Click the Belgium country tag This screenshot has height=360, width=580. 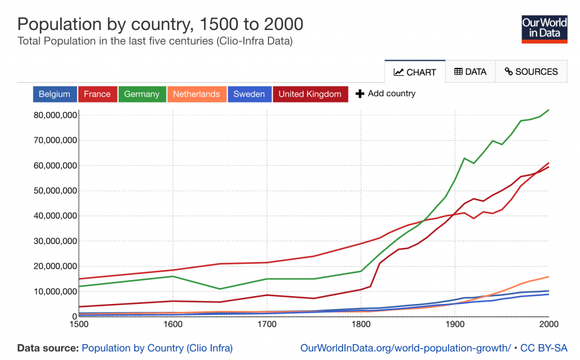55,95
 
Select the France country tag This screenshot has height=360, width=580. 97,95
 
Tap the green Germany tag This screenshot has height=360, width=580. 142,95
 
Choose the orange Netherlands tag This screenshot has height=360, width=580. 197,95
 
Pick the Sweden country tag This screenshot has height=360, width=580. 249,95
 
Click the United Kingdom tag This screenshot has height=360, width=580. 310,95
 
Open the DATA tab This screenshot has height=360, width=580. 470,72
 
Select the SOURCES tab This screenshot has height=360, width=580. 531,72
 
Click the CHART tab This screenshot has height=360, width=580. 415,72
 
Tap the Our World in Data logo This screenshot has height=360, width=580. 544,29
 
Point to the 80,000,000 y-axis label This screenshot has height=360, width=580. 55,115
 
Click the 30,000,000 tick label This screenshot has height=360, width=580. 55,241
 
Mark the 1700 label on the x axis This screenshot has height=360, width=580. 267,324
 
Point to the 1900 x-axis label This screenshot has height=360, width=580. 455,324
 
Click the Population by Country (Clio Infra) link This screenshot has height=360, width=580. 157,348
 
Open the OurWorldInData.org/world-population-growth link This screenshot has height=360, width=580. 406,348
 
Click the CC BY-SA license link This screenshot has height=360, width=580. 543,348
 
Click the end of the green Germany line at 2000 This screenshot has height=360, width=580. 548,110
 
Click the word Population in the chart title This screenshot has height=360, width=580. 59,25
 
